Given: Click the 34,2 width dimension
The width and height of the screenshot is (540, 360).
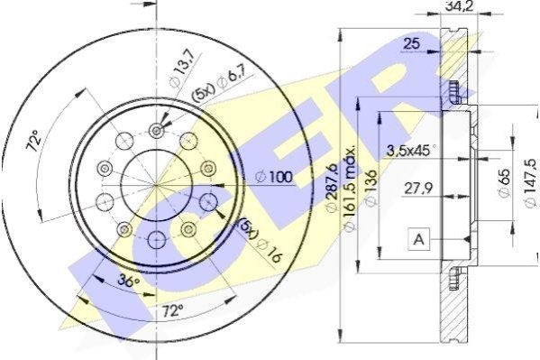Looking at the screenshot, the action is coord(460,6).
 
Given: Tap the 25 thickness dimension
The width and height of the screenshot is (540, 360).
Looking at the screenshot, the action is coord(412,44).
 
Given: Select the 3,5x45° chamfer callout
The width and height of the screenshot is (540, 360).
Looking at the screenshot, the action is coord(411,151).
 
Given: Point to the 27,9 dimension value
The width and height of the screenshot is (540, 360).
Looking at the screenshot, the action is coord(418,189).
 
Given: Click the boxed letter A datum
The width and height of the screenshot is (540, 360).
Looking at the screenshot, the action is coord(419,238).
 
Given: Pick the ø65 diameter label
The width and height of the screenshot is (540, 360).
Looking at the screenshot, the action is coord(504,182).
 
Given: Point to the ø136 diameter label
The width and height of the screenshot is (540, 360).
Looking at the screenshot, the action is coord(371,188).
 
